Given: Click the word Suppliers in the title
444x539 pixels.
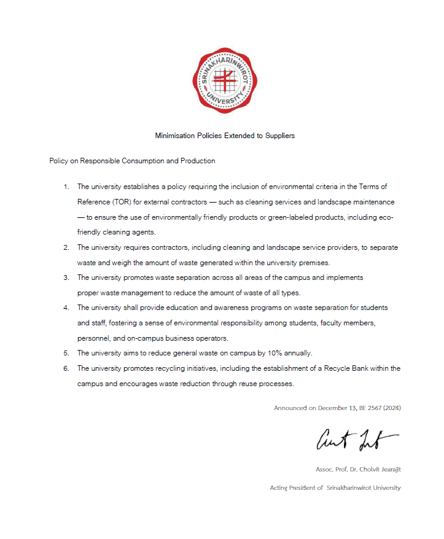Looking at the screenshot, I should click(279, 135).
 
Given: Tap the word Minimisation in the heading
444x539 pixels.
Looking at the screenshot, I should click(174, 135).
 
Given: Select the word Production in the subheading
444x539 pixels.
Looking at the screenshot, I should click(198, 161).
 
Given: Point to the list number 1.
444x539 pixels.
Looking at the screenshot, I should click(66, 186).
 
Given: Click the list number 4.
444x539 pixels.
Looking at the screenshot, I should click(66, 307).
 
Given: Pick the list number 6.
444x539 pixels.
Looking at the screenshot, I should click(66, 368).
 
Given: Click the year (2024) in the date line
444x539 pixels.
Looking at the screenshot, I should click(392, 408).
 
